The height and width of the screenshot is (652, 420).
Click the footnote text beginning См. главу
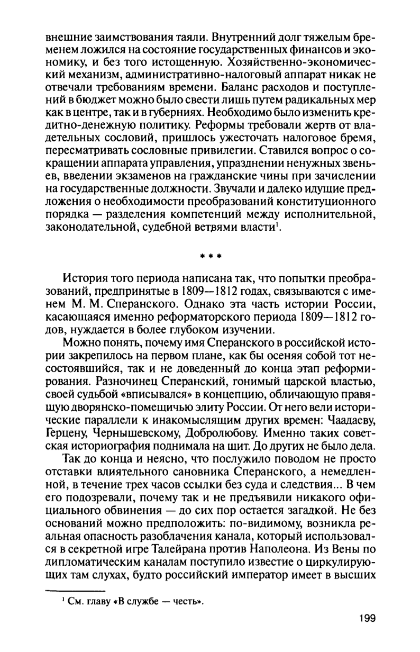[135, 587]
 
